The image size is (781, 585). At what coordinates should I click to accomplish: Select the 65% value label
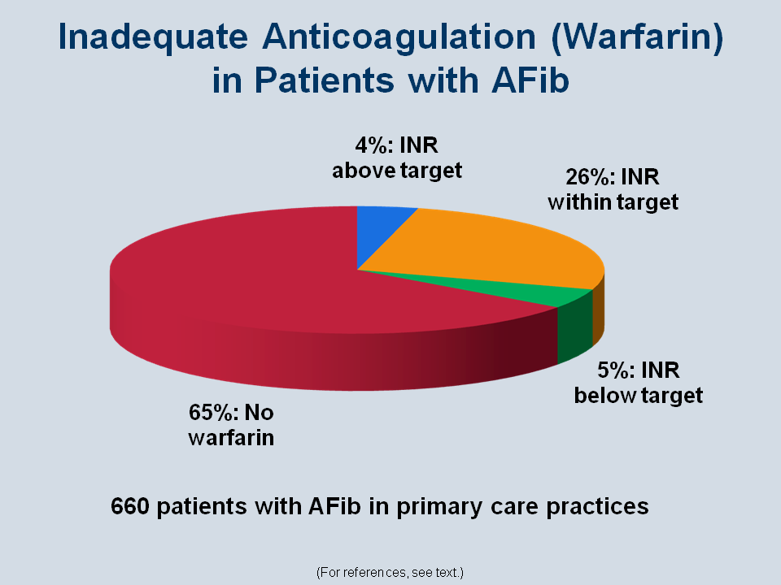(209, 413)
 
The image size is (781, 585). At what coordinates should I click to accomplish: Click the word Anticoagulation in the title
(399, 37)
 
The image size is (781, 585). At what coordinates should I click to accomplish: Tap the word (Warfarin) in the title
(637, 37)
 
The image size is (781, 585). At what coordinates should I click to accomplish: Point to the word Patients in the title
(325, 80)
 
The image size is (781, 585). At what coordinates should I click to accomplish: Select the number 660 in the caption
(129, 506)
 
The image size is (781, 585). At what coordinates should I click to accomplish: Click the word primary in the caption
(439, 507)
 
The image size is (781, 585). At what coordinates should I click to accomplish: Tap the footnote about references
(390, 573)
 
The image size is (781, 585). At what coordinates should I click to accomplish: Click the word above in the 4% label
(364, 171)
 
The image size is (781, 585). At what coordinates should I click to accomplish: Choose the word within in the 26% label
(580, 202)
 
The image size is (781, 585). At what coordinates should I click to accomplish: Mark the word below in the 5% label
(605, 396)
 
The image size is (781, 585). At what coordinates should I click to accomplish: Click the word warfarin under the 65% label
(231, 438)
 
